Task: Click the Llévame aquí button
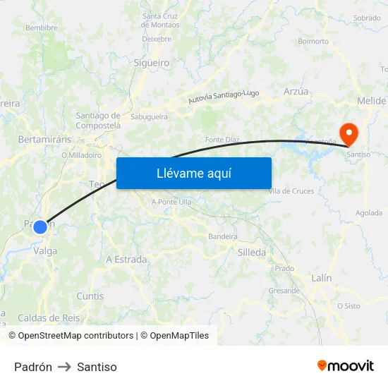pos(193,174)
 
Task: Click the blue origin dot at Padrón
pos(40,226)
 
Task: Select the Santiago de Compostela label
pos(98,120)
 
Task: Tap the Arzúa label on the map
pos(296,92)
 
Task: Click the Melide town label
pos(371,101)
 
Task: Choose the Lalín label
pos(321,278)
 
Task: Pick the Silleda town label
pos(252,252)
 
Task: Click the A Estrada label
pos(126,260)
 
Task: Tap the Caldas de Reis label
pos(49,318)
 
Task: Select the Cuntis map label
pos(90,296)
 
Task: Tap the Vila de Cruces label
pos(291,191)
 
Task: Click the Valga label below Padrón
pos(45,250)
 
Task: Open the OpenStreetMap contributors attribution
pos(75,336)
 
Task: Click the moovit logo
pos(346,365)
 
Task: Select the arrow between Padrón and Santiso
pos(65,367)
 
